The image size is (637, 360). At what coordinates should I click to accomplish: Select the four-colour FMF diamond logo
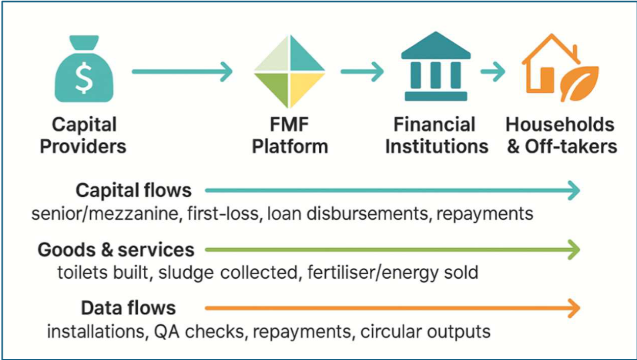[290, 72]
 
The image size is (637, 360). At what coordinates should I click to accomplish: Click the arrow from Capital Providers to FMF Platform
[182, 71]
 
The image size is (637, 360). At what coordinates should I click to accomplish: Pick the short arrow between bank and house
[493, 71]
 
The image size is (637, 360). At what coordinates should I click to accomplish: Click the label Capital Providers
[84, 136]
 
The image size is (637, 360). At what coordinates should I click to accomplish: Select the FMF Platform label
[290, 136]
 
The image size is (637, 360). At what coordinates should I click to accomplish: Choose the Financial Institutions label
[436, 136]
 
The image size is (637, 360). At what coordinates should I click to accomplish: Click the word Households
[560, 125]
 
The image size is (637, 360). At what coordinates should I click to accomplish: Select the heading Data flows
[129, 308]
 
